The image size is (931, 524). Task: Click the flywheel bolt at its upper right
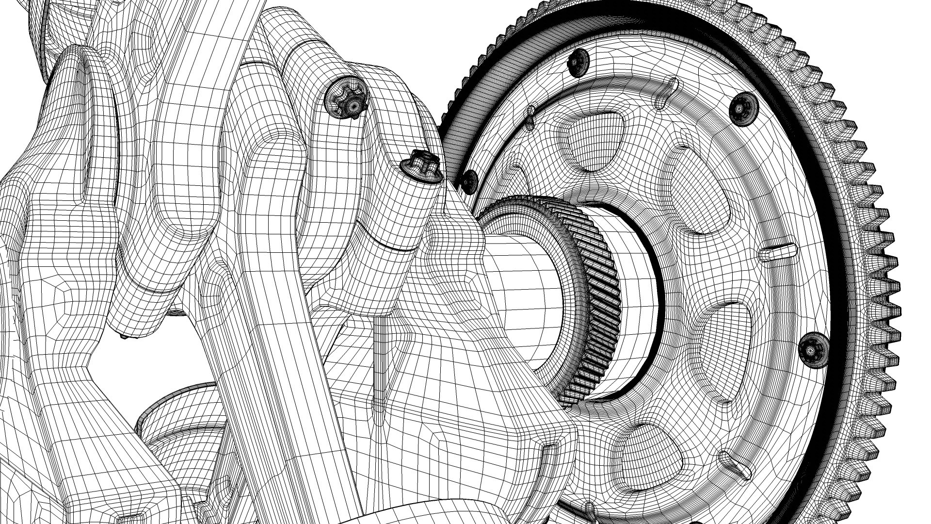coord(743,108)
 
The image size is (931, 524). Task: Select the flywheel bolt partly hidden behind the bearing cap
coord(469,181)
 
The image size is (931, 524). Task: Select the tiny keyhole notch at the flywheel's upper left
coord(531,115)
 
